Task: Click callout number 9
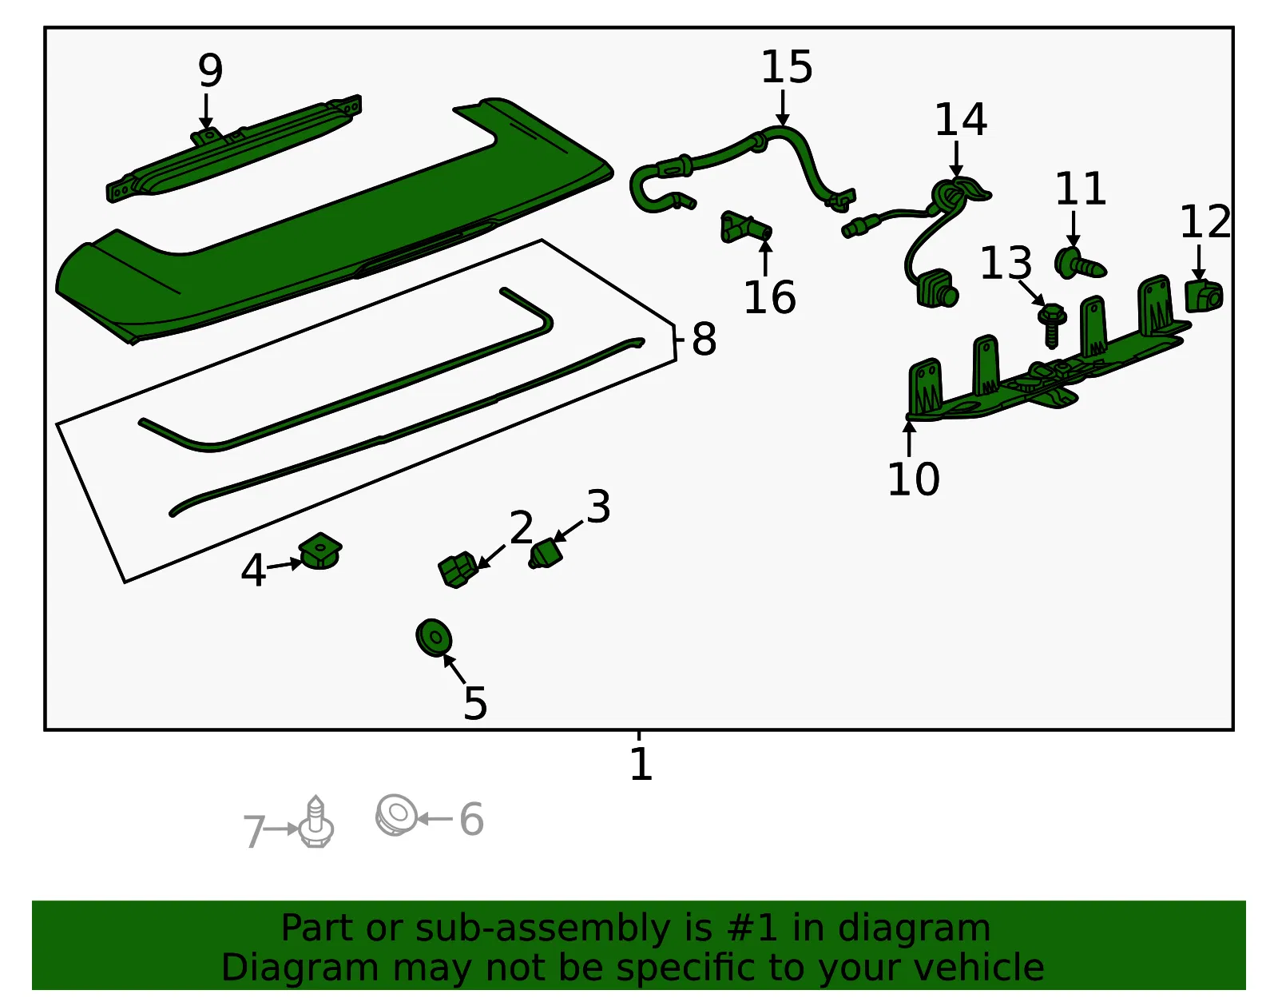(210, 70)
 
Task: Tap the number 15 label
(786, 66)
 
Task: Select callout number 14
(960, 119)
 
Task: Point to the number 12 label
(1205, 221)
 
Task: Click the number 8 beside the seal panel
(704, 340)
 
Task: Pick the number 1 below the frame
(641, 764)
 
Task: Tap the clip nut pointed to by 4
(320, 551)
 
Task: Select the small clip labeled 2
(458, 569)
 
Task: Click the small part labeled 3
(546, 554)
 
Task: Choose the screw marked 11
(1079, 264)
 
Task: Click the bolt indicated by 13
(1052, 325)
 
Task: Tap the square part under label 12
(1203, 296)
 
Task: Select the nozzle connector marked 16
(745, 227)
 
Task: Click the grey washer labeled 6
(396, 815)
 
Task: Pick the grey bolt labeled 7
(316, 821)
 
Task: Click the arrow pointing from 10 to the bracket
(909, 439)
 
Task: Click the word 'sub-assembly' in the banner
(542, 928)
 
